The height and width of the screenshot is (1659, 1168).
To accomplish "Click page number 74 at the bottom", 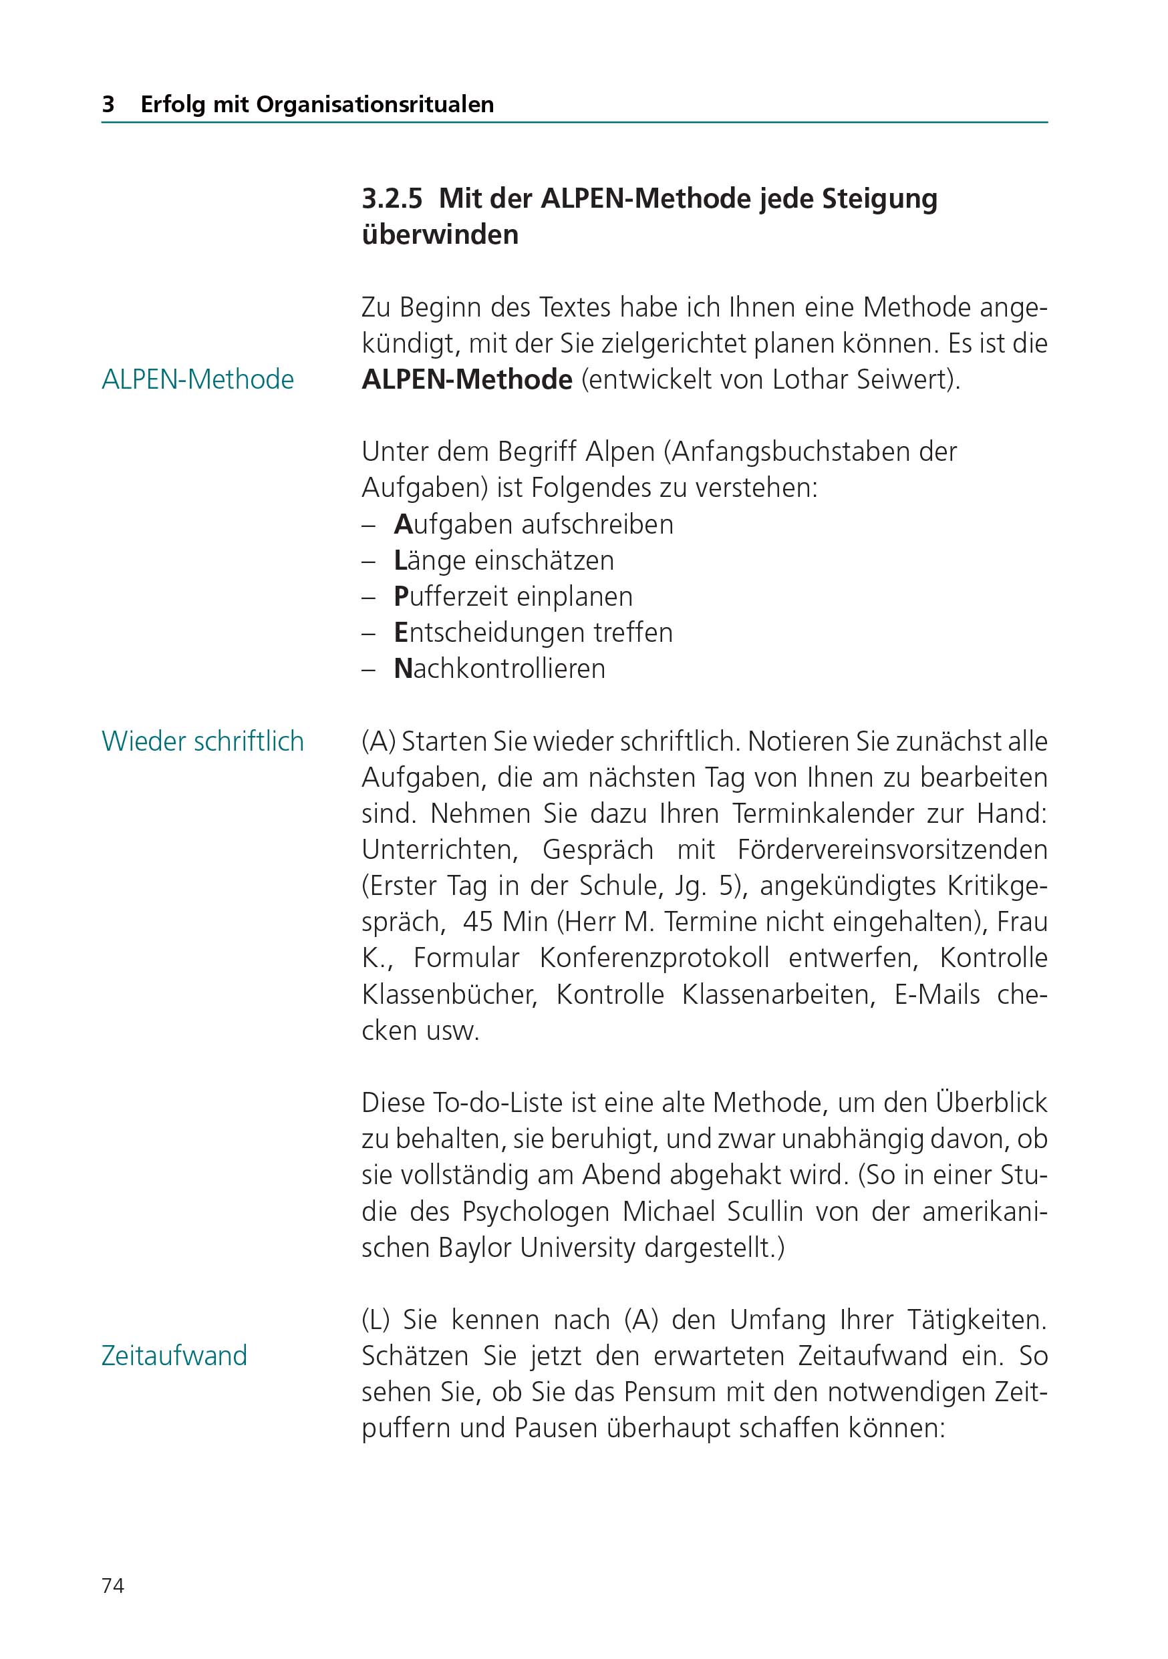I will [113, 1586].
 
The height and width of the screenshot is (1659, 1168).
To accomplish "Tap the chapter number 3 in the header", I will [108, 105].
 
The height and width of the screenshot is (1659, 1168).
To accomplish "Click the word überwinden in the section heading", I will [440, 235].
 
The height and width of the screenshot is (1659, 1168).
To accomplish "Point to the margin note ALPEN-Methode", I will [197, 379].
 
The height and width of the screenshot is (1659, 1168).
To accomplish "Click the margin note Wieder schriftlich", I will [202, 741].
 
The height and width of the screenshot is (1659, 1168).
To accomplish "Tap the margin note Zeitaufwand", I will [174, 1356].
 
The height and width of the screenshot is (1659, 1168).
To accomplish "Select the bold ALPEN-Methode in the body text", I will [467, 379].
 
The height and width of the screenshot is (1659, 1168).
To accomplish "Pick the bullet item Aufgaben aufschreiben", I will [533, 524].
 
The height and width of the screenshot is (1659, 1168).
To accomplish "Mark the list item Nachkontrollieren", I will [499, 669].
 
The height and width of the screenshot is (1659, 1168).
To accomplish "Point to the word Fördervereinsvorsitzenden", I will [892, 850].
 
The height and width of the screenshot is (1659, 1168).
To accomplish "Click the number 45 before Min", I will [478, 922].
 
